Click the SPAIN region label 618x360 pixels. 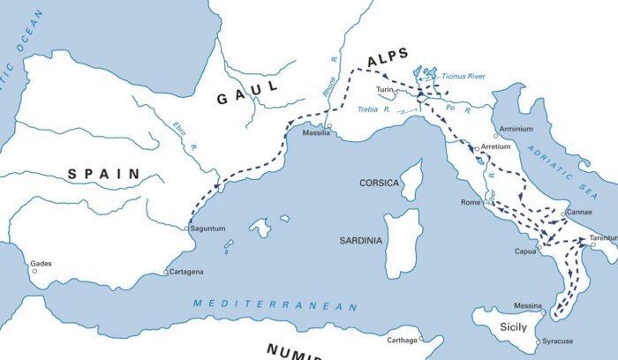(x=104, y=175)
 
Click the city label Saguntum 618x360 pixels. (x=208, y=229)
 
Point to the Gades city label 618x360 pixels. (x=41, y=263)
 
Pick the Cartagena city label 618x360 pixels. (x=186, y=272)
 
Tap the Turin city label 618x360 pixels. (x=384, y=90)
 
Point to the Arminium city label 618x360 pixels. (x=516, y=129)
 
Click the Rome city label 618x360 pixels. (x=470, y=203)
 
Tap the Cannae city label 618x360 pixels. (x=579, y=213)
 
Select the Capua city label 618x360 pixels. (x=526, y=251)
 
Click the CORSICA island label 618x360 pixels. (x=380, y=183)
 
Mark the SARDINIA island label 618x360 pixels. (x=362, y=240)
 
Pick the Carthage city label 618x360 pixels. (x=402, y=340)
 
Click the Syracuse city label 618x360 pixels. (x=557, y=341)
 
